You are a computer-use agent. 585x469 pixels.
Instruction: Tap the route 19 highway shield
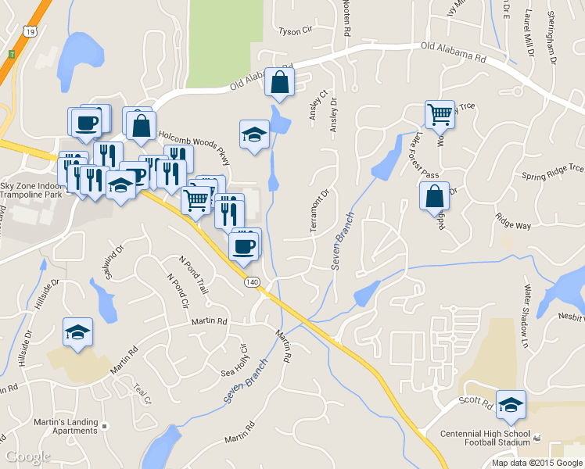coord(30,30)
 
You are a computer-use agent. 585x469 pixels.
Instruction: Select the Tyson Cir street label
coord(295,32)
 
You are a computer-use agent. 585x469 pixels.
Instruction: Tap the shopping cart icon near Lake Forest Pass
coord(440,114)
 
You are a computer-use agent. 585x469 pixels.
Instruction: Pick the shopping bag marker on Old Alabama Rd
coord(279,82)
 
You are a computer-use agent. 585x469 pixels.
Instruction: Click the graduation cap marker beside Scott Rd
coord(511,405)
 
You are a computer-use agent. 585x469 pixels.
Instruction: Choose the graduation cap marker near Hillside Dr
coord(78,332)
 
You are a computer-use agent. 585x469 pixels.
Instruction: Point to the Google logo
coord(28,456)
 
